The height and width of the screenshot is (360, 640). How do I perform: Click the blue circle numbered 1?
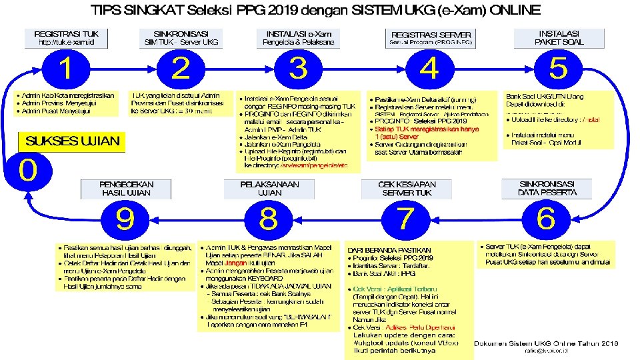[66, 69]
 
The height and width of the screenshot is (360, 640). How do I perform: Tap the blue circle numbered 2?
[181, 69]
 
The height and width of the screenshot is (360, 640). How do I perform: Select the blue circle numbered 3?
[299, 69]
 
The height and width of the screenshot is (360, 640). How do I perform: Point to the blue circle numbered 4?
[430, 69]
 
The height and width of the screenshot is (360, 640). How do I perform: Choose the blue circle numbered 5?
[558, 69]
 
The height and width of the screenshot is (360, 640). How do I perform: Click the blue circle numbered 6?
[546, 218]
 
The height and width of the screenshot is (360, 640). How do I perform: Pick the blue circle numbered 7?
[406, 218]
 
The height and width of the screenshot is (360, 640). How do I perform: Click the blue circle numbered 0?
[28, 169]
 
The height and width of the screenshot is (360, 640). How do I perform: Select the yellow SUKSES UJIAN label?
[72, 141]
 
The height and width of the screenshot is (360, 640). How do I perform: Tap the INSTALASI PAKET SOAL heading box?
[559, 37]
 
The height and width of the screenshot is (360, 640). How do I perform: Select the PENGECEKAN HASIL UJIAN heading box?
[126, 188]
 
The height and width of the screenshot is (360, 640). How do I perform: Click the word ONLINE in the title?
[515, 11]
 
